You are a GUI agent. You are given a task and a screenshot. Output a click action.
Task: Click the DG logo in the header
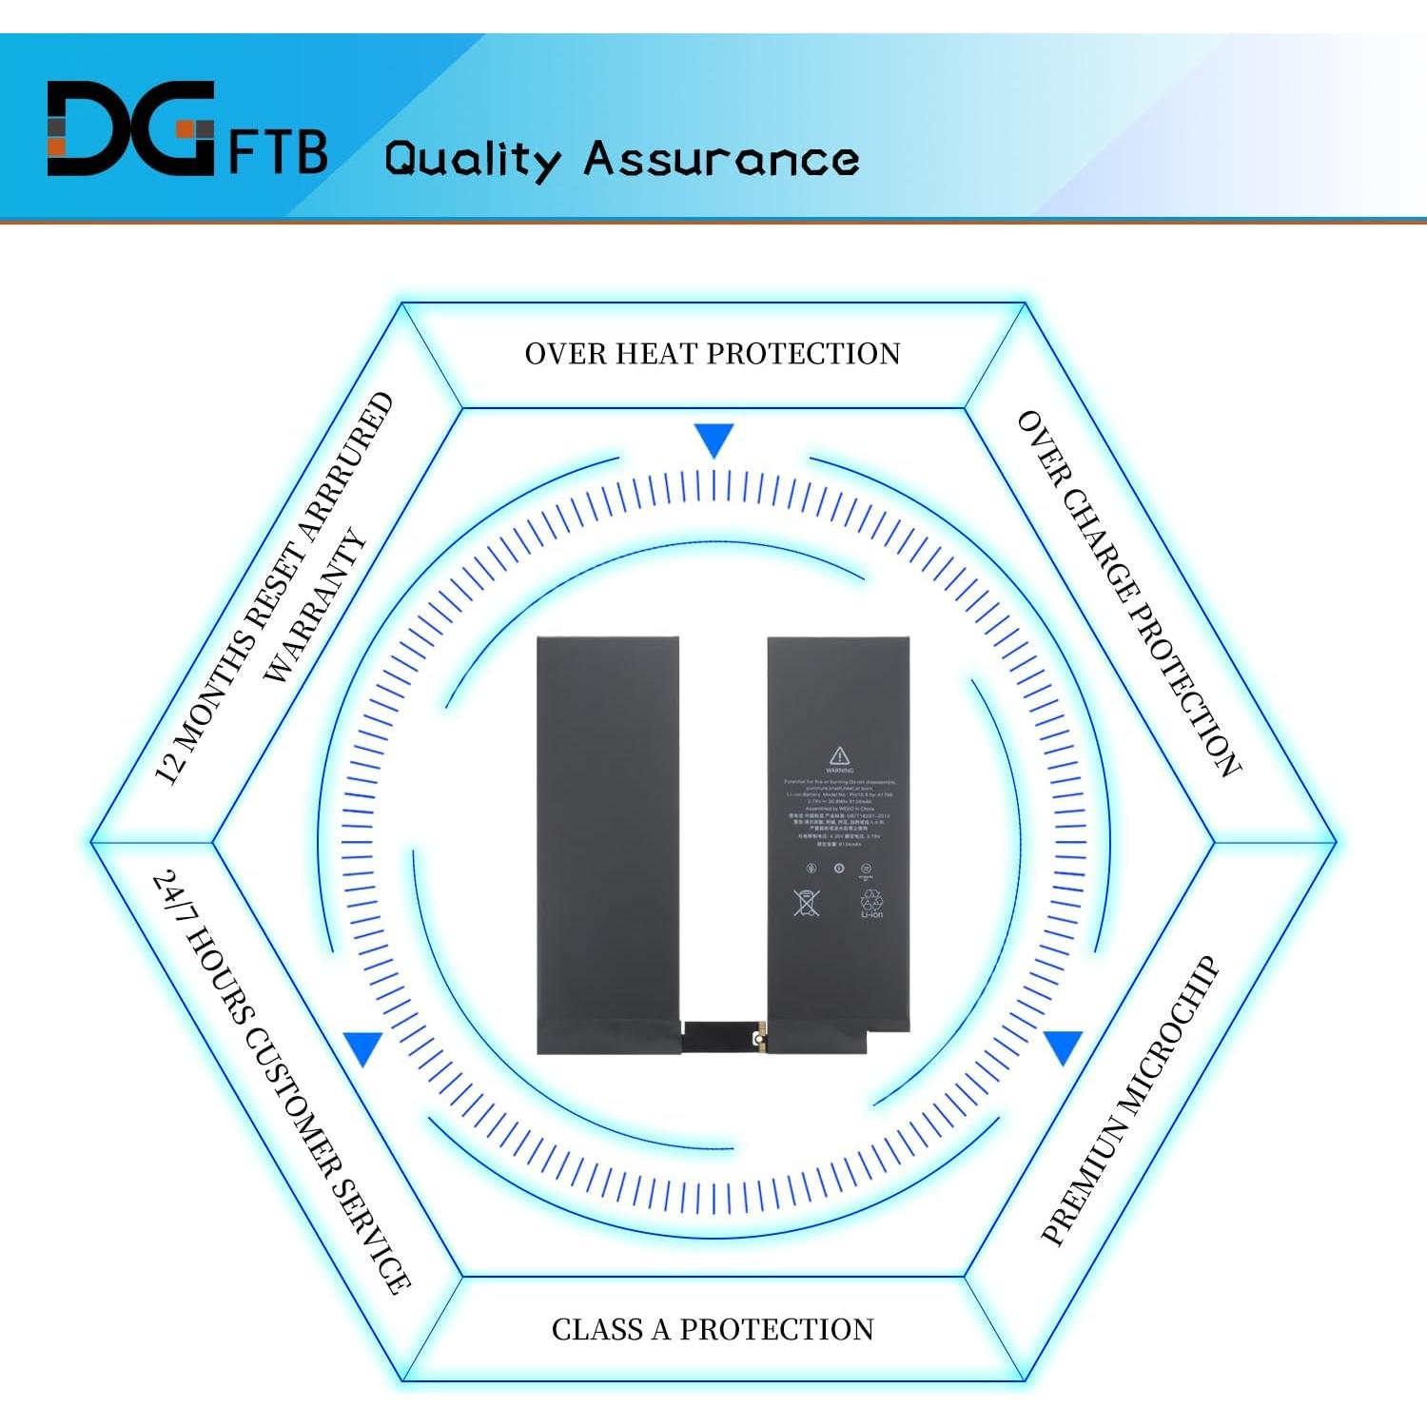pyautogui.click(x=130, y=128)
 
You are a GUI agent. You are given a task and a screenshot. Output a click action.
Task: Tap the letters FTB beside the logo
pyautogui.click(x=278, y=151)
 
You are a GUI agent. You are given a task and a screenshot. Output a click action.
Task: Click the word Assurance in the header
pyautogui.click(x=721, y=158)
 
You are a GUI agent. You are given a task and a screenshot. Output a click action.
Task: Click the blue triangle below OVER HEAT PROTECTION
pyautogui.click(x=713, y=440)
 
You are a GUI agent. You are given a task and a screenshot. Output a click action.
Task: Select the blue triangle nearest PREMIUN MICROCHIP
pyautogui.click(x=1063, y=1046)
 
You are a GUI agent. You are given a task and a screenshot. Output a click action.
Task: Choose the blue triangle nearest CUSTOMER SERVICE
pyautogui.click(x=363, y=1047)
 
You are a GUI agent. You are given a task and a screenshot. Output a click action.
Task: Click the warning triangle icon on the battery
pyautogui.click(x=839, y=756)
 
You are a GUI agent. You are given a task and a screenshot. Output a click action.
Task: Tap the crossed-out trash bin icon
pyautogui.click(x=806, y=902)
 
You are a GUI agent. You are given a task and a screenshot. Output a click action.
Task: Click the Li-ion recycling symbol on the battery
pyautogui.click(x=871, y=903)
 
